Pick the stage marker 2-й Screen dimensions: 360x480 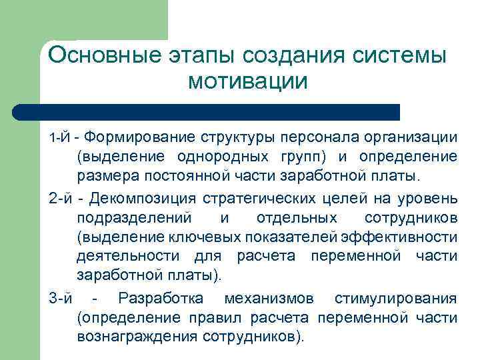(x=61, y=198)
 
